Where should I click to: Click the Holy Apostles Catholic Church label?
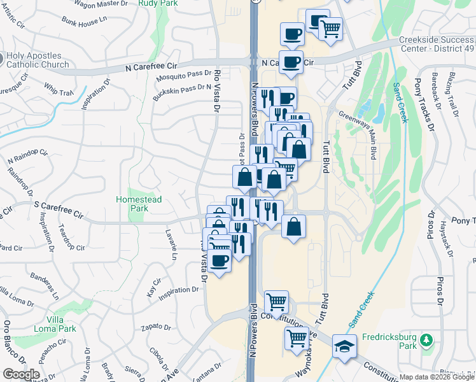click(39, 60)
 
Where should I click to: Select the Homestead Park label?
click(139, 204)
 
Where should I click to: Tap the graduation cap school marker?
click(344, 346)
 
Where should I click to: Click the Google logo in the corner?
click(21, 374)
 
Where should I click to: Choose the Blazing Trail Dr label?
click(454, 96)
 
